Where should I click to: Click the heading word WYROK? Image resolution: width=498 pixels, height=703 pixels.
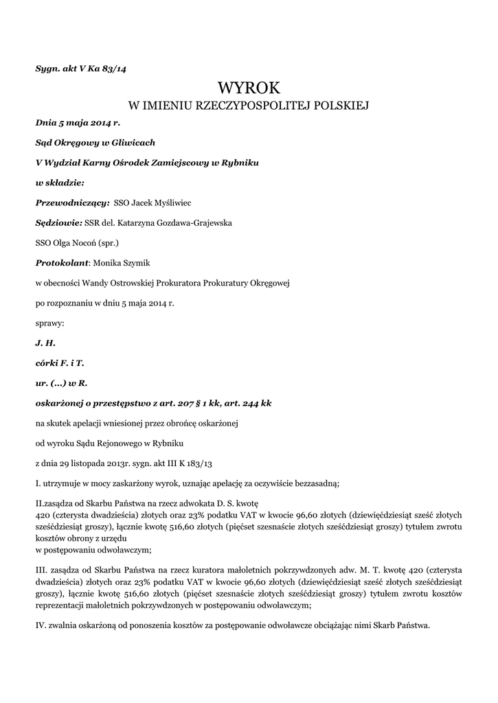[249, 87]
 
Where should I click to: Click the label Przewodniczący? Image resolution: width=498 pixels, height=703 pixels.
[72, 203]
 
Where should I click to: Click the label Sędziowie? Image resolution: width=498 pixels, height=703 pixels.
[58, 222]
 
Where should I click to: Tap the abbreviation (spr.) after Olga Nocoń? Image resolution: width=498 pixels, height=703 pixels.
[107, 242]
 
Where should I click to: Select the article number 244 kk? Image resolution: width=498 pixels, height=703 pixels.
[256, 402]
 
